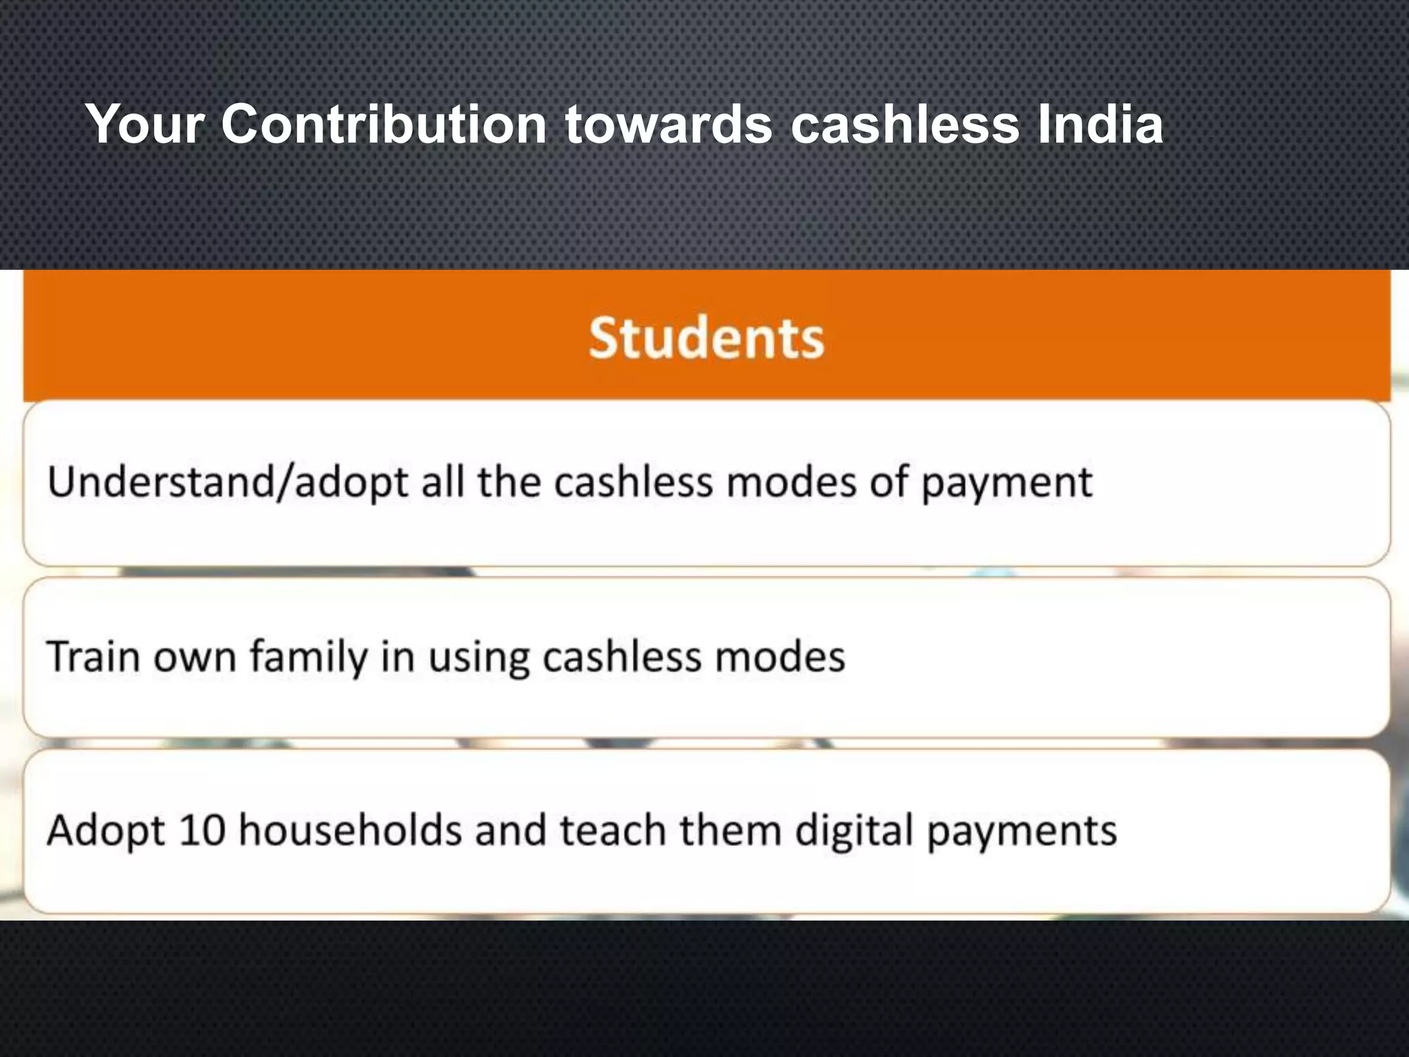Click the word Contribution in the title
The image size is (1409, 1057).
click(x=384, y=125)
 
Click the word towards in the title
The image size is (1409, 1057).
click(x=668, y=125)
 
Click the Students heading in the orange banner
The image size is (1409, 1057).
click(x=706, y=339)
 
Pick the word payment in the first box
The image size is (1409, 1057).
click(x=1006, y=482)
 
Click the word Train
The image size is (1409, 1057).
click(x=94, y=656)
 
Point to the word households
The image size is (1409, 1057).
click(x=350, y=830)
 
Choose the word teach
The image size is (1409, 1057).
click(x=613, y=830)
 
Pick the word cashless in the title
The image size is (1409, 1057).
click(x=905, y=125)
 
